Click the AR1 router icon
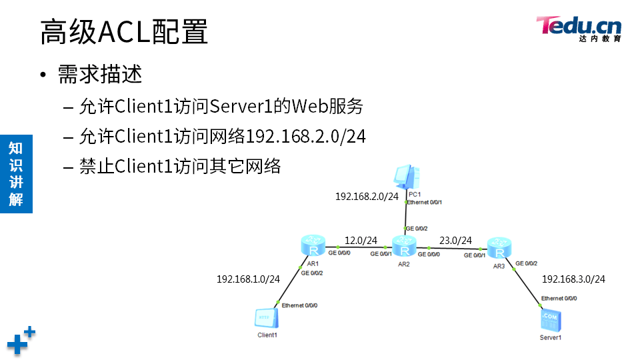point(313,245)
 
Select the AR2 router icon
point(404,247)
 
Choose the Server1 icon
point(551,321)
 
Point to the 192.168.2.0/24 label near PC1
point(367,196)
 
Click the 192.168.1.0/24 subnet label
point(248,279)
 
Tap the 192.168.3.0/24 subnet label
point(573,279)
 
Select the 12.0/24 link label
point(361,240)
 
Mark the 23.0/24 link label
point(455,240)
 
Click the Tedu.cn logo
point(579,28)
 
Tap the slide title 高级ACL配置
point(124,32)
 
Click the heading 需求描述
point(100,74)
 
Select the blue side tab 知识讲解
point(16,173)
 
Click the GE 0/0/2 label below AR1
point(312,273)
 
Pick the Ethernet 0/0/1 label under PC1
point(425,202)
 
